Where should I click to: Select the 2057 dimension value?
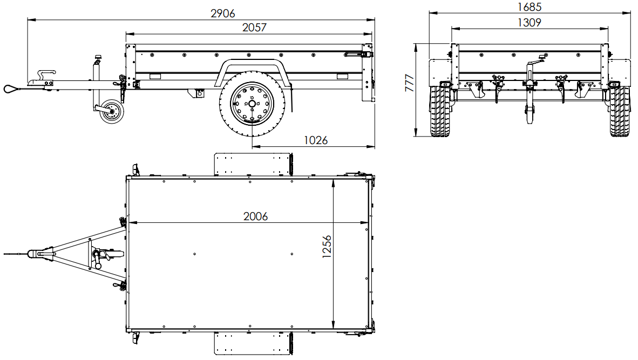(x=254, y=27)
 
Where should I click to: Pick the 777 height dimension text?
(x=410, y=83)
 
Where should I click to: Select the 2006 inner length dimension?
(x=255, y=216)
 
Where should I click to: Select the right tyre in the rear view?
(x=620, y=111)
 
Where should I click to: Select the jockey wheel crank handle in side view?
(x=98, y=58)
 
